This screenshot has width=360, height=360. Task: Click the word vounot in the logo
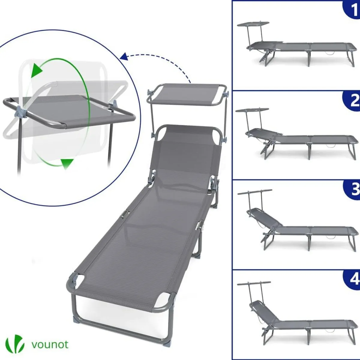click(50, 344)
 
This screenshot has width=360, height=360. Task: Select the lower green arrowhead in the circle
click(67, 163)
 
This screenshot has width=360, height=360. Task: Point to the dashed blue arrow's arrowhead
click(124, 56)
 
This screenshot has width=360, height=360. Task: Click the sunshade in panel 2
click(252, 110)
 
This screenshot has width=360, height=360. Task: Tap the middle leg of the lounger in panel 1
click(308, 58)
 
